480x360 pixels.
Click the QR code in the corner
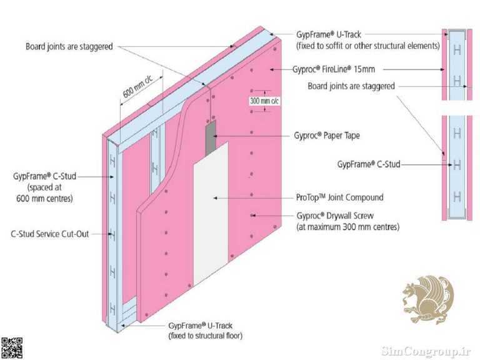12,348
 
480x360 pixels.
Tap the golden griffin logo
428,299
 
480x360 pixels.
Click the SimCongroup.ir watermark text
426,351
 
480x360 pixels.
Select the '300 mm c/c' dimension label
264,101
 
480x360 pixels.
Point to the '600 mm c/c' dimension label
137,86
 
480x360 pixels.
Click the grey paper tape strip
211,137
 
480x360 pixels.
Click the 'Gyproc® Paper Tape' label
327,136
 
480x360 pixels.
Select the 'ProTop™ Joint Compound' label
339,197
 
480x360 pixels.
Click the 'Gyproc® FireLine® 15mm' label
333,69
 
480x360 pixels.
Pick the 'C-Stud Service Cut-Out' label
49,234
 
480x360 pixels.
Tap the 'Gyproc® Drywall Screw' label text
335,216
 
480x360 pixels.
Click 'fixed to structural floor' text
206,336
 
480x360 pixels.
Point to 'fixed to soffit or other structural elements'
368,46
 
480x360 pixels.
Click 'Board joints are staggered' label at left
69,46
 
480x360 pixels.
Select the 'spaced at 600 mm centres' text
45,193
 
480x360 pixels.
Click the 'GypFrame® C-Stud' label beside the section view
369,164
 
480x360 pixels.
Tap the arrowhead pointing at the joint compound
216,198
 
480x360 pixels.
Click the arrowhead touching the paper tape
216,136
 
